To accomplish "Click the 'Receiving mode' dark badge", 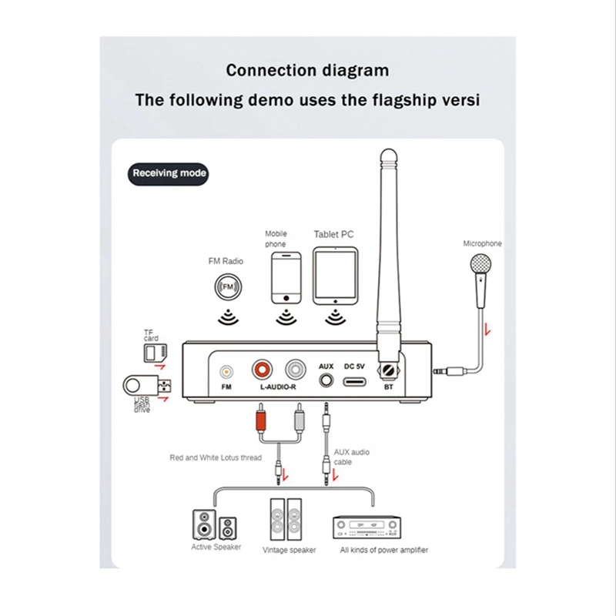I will [169, 173].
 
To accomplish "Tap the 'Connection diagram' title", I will [307, 70].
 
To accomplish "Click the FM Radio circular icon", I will [227, 286].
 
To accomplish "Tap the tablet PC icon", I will [334, 276].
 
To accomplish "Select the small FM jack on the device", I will [226, 371].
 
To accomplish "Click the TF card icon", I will [154, 352].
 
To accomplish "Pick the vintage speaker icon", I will [287, 521].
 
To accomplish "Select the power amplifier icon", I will [367, 527].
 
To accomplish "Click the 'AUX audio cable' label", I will [351, 457].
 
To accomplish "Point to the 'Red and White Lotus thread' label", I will [216, 457].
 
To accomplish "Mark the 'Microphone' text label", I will [482, 243].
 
